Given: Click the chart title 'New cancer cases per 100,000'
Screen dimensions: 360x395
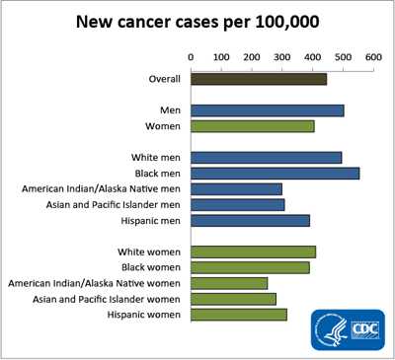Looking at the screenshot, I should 197,22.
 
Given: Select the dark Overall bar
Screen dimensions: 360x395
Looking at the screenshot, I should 258,79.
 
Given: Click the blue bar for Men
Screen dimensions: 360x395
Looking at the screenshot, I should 267,110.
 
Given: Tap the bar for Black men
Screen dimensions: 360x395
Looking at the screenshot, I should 275,173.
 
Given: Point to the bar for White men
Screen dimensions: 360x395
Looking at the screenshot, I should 266,157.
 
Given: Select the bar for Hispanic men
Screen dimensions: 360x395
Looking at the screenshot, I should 250,220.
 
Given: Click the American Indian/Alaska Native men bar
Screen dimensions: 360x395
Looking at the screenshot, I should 236,188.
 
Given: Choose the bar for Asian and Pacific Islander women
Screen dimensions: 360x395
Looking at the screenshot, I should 233,299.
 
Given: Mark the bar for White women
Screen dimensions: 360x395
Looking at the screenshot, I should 253,252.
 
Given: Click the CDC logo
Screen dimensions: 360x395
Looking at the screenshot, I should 347,328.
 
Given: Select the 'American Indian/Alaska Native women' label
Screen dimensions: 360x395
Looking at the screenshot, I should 95,283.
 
